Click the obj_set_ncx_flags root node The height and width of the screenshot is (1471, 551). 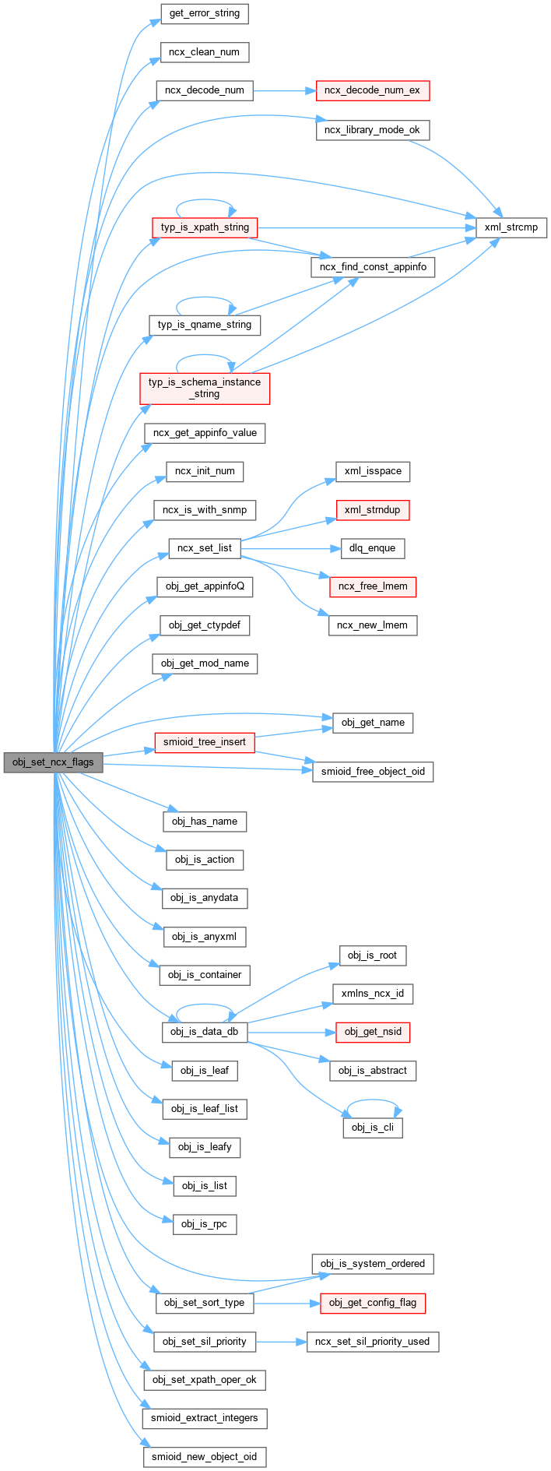pyautogui.click(x=53, y=762)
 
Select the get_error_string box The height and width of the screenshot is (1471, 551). pyautogui.click(x=204, y=14)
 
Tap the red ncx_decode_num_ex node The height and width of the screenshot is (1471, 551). pyautogui.click(x=372, y=90)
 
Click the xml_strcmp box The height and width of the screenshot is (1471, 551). pyautogui.click(x=511, y=227)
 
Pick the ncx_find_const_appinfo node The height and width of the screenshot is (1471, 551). pyautogui.click(x=373, y=266)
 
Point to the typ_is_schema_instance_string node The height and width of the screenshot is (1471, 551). pyautogui.click(x=205, y=388)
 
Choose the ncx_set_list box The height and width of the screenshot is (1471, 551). pyautogui.click(x=204, y=548)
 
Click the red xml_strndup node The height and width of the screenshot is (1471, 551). pyautogui.click(x=372, y=510)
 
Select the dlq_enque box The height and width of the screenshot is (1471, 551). pyautogui.click(x=372, y=548)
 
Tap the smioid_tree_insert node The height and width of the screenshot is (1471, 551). pyautogui.click(x=204, y=742)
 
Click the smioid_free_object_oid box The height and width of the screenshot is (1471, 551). pyautogui.click(x=373, y=772)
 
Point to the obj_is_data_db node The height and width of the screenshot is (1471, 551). pyautogui.click(x=204, y=1033)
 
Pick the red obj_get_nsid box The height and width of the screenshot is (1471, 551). pyautogui.click(x=373, y=1033)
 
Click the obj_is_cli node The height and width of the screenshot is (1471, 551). pyautogui.click(x=373, y=1128)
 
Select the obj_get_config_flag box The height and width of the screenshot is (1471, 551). pyautogui.click(x=373, y=1303)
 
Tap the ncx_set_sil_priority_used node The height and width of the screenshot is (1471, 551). pyautogui.click(x=373, y=1342)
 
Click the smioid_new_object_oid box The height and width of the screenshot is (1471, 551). pyautogui.click(x=204, y=1457)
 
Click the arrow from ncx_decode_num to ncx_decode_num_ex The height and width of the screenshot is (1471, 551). pyautogui.click(x=284, y=90)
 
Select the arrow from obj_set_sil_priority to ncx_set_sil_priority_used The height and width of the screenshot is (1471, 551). pyautogui.click(x=281, y=1342)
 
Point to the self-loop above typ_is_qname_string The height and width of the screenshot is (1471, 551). pyautogui.click(x=205, y=297)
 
